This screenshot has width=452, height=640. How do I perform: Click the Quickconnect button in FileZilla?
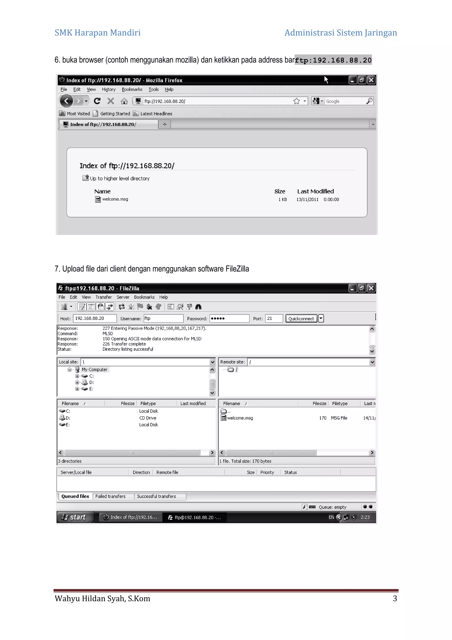(301, 319)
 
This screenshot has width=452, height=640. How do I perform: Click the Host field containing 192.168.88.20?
(95, 318)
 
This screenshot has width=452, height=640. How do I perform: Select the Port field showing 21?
(274, 318)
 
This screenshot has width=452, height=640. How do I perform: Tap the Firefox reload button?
(97, 101)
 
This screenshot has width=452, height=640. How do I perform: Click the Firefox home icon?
(124, 101)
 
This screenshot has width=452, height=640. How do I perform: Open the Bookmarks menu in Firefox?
(132, 90)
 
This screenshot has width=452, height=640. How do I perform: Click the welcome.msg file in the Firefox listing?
(115, 199)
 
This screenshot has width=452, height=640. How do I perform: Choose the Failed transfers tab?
(111, 496)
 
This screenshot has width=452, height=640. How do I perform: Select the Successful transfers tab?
(156, 496)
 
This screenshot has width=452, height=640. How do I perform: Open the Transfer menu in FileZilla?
(104, 297)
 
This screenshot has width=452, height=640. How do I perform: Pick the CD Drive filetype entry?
(148, 418)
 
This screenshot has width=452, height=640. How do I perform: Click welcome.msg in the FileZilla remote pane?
(240, 418)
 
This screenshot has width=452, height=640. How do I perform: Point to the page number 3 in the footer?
(395, 599)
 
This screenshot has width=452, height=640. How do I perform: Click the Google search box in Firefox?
(345, 101)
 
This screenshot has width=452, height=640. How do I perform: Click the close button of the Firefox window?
(371, 80)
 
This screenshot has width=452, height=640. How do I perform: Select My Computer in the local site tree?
(94, 370)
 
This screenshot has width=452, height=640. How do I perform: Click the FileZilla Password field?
(229, 318)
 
